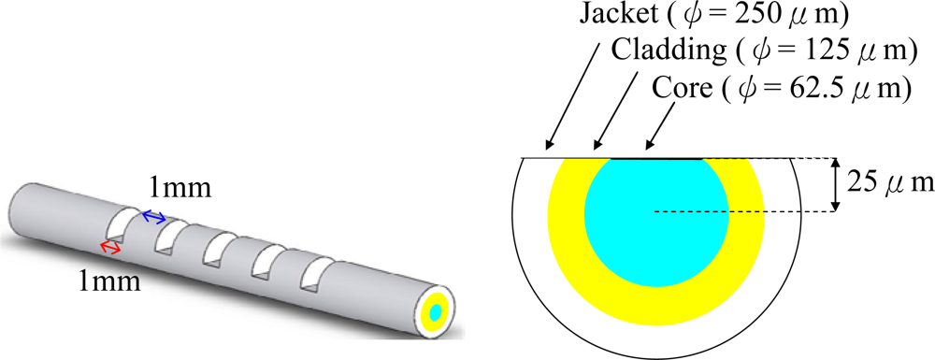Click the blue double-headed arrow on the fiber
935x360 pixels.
tap(152, 217)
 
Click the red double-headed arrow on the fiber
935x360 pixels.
tap(111, 247)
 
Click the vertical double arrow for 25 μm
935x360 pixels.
tap(834, 184)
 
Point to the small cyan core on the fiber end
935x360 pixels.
tap(437, 312)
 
